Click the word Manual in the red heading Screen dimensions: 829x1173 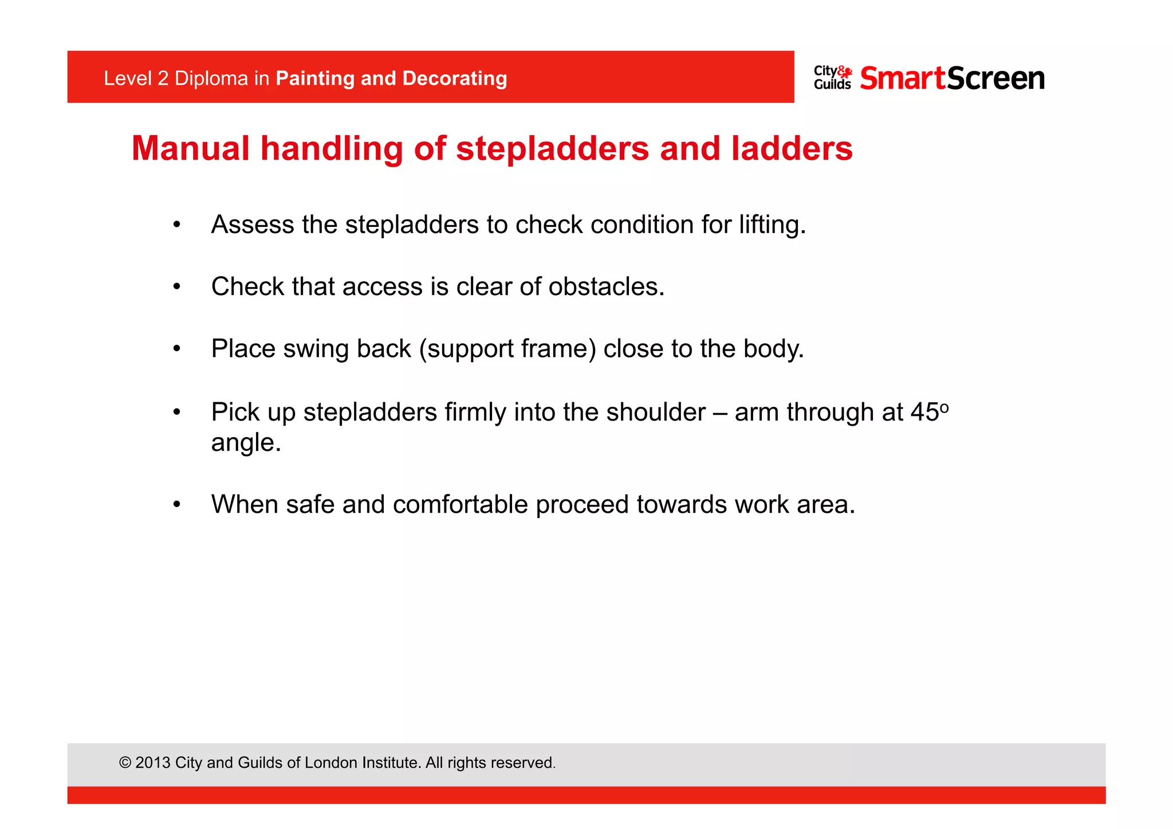(x=190, y=149)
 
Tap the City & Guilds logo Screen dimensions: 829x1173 (x=832, y=78)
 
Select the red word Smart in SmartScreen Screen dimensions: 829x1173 (x=902, y=78)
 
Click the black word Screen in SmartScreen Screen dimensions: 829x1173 (x=996, y=78)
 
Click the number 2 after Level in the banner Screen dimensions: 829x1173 (x=163, y=78)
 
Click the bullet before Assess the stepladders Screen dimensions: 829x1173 (x=177, y=225)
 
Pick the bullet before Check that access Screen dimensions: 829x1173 (x=177, y=286)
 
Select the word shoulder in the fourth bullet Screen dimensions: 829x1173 (x=656, y=412)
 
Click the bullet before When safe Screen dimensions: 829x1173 (x=177, y=505)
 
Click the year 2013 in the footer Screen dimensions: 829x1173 (x=153, y=763)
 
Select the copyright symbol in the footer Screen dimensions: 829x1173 (x=125, y=763)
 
